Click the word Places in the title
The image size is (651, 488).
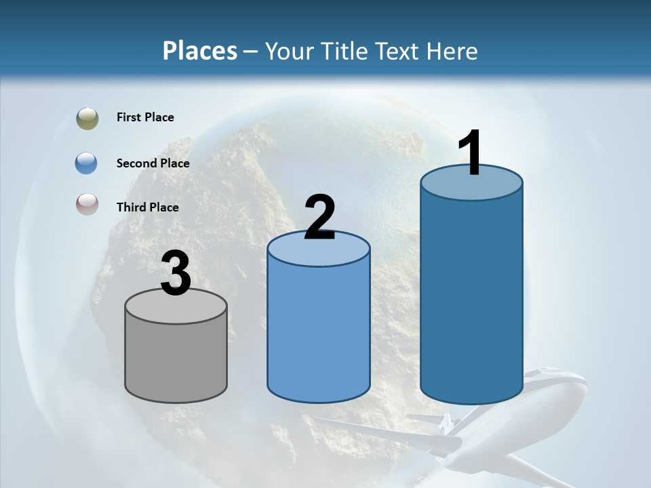tap(200, 51)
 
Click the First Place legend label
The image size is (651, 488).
tap(145, 117)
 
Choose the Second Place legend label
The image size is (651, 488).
tap(153, 163)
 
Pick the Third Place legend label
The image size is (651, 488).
tap(147, 207)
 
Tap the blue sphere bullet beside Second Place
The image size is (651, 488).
tap(87, 163)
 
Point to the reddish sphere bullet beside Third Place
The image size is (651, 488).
tap(87, 204)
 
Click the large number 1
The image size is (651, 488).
tap(471, 152)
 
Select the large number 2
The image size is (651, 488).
tap(319, 218)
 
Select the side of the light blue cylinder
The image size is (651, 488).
tap(319, 332)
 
